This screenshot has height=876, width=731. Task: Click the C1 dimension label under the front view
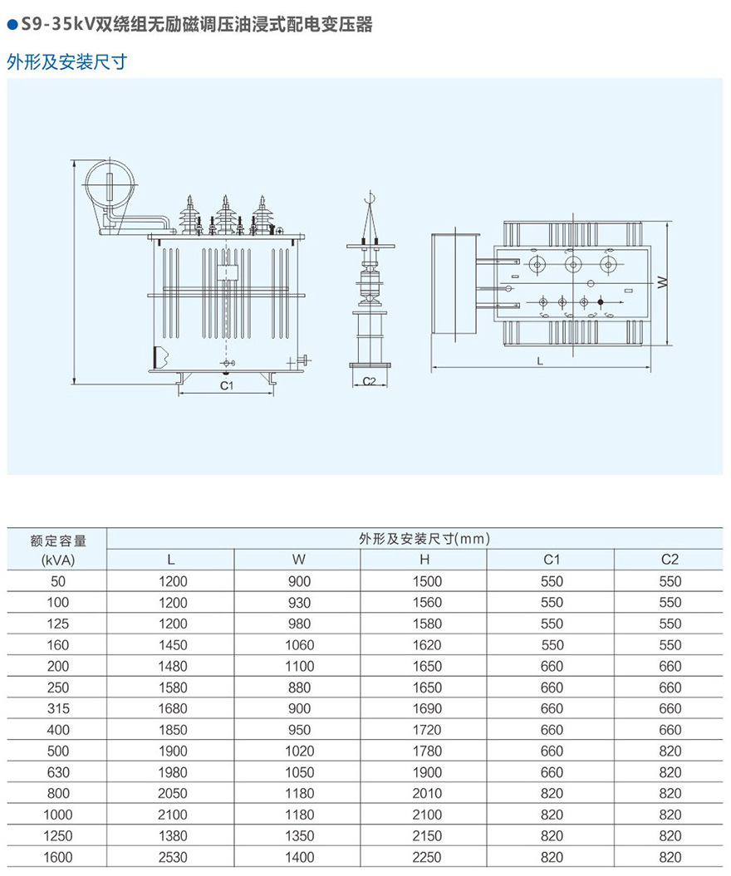point(226,385)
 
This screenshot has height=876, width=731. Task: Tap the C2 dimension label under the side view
point(370,381)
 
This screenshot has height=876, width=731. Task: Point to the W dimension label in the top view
point(663,282)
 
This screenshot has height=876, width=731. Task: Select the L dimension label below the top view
point(540,361)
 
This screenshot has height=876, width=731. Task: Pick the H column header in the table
point(424,560)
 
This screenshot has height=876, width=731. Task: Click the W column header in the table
point(298,560)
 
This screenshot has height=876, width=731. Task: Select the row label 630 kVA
point(58,772)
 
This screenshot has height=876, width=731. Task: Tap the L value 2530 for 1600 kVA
point(173,857)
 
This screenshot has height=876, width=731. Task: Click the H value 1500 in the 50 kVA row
point(427,581)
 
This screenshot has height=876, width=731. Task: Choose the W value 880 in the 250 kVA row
point(300,688)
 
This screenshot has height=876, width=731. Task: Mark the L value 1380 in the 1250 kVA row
point(173,836)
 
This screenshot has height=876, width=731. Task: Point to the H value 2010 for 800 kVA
point(427,793)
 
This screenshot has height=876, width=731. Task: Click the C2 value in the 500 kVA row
point(670,751)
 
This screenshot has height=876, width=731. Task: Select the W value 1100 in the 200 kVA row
point(300,666)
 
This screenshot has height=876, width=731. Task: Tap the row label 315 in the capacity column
point(58,708)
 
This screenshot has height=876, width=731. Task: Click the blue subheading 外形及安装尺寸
point(67,61)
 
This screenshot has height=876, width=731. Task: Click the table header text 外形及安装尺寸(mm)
point(424,539)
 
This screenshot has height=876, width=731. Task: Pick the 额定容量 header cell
point(58,541)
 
